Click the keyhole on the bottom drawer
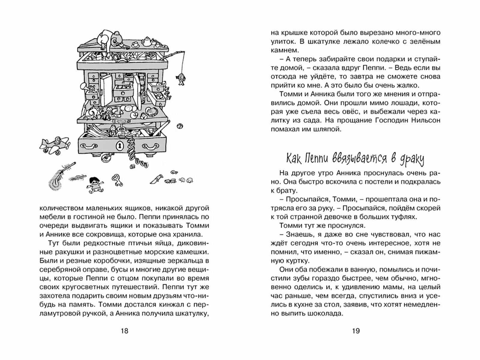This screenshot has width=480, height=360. (x=120, y=146)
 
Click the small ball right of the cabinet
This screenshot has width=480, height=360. (x=180, y=126)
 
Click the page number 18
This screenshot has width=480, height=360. (x=124, y=331)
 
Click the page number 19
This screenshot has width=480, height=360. (x=356, y=331)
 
